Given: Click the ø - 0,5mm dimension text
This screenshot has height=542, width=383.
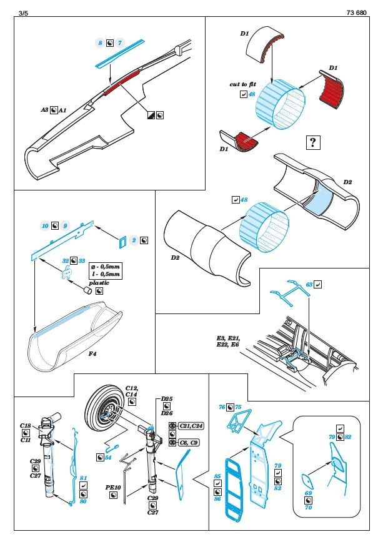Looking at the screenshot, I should pyautogui.click(x=104, y=265).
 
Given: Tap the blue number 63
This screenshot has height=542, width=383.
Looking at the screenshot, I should pyautogui.click(x=309, y=284).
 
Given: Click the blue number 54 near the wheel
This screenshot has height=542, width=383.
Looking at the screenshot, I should pyautogui.click(x=108, y=457).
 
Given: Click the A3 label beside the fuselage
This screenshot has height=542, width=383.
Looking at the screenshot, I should pyautogui.click(x=45, y=109).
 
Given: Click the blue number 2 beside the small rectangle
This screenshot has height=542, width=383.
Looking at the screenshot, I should pyautogui.click(x=134, y=239).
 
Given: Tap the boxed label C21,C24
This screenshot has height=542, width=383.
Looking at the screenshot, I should pyautogui.click(x=191, y=425).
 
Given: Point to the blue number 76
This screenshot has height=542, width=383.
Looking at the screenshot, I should pyautogui.click(x=221, y=406).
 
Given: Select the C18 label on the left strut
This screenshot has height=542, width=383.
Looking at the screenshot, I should pyautogui.click(x=26, y=425).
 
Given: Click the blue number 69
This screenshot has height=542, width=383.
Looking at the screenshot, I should pyautogui.click(x=309, y=493).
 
